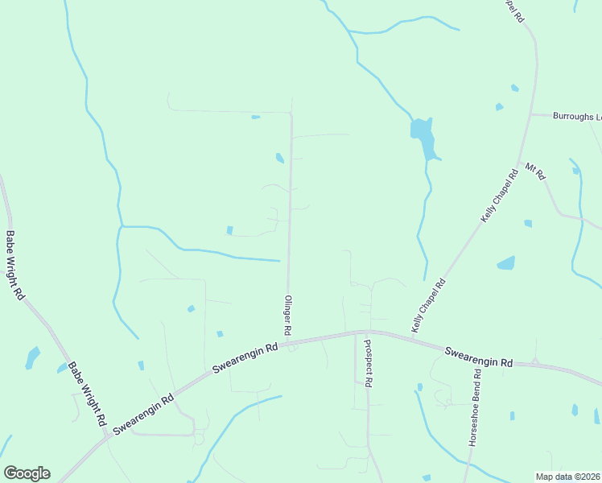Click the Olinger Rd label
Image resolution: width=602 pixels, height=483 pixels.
[287, 315]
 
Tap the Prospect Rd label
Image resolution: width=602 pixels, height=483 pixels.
[368, 362]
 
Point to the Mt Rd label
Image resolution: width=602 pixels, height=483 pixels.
[535, 171]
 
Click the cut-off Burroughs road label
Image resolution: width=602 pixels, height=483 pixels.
[577, 116]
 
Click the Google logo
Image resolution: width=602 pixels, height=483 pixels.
[27, 473]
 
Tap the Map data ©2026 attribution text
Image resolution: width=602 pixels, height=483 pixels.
[567, 477]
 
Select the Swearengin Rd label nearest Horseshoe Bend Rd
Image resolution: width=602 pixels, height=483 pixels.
[479, 357]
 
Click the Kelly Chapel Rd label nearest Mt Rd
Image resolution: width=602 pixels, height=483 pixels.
[499, 196]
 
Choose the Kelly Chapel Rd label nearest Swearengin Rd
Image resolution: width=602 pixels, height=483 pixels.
[428, 306]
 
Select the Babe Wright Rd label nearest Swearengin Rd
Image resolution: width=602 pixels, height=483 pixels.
[87, 393]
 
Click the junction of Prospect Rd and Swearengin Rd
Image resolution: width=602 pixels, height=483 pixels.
[367, 331]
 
